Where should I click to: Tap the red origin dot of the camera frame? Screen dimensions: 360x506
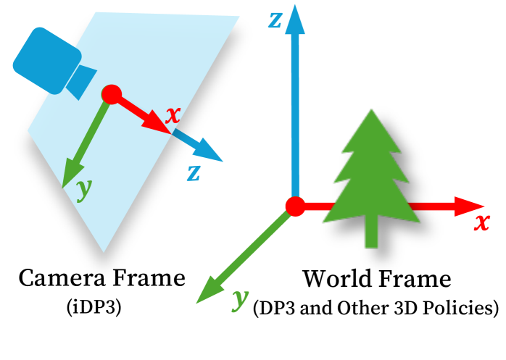click(111, 95)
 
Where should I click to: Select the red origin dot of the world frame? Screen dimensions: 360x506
click(295, 206)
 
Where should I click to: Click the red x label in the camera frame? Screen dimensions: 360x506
click(173, 116)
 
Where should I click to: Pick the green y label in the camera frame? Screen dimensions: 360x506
click(84, 189)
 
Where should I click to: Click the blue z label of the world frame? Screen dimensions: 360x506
click(275, 20)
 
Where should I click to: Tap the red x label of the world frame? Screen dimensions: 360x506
click(481, 222)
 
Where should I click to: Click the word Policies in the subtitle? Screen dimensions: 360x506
click(460, 308)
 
